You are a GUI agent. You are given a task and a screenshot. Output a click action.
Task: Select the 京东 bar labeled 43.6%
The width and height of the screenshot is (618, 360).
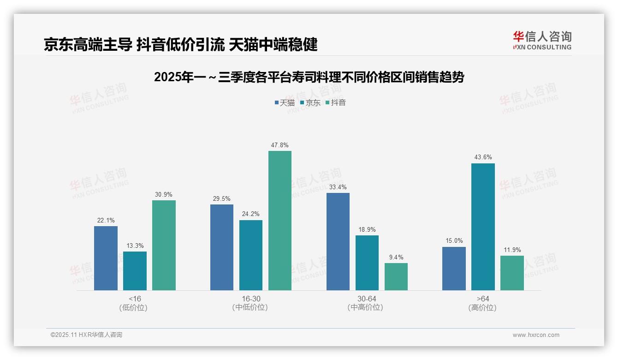[483, 227]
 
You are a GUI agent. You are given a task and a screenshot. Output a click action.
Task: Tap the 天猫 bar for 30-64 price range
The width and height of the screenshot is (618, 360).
[338, 241]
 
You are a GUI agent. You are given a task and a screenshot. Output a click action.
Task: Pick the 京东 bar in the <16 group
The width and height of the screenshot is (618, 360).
[135, 271]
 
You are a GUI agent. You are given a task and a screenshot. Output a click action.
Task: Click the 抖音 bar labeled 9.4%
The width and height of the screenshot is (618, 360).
[396, 276]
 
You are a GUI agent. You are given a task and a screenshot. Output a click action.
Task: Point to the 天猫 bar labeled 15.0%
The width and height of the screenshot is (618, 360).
[454, 269]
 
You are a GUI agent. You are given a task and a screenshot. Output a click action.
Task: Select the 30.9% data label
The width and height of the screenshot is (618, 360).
[164, 195]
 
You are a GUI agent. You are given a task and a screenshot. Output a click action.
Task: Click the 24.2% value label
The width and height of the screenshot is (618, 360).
[251, 214]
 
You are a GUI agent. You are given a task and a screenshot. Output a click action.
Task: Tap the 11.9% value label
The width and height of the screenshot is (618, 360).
[512, 250]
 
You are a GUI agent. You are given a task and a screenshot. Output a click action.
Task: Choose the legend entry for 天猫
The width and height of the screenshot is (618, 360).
[285, 102]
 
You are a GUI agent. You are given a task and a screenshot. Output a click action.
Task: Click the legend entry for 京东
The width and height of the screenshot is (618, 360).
[310, 102]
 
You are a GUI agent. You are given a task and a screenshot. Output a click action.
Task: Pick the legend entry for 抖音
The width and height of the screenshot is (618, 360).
[336, 102]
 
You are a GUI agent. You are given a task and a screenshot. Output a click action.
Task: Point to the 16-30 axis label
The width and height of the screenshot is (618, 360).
[251, 299]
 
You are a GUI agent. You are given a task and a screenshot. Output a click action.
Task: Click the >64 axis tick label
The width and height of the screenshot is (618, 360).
[483, 299]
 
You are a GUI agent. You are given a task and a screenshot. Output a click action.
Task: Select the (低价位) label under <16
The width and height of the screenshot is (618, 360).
[135, 307]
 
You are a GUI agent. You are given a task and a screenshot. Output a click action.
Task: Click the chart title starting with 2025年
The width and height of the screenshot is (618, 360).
[309, 77]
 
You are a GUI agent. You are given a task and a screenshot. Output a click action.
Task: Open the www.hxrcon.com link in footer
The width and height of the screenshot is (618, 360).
[536, 335]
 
